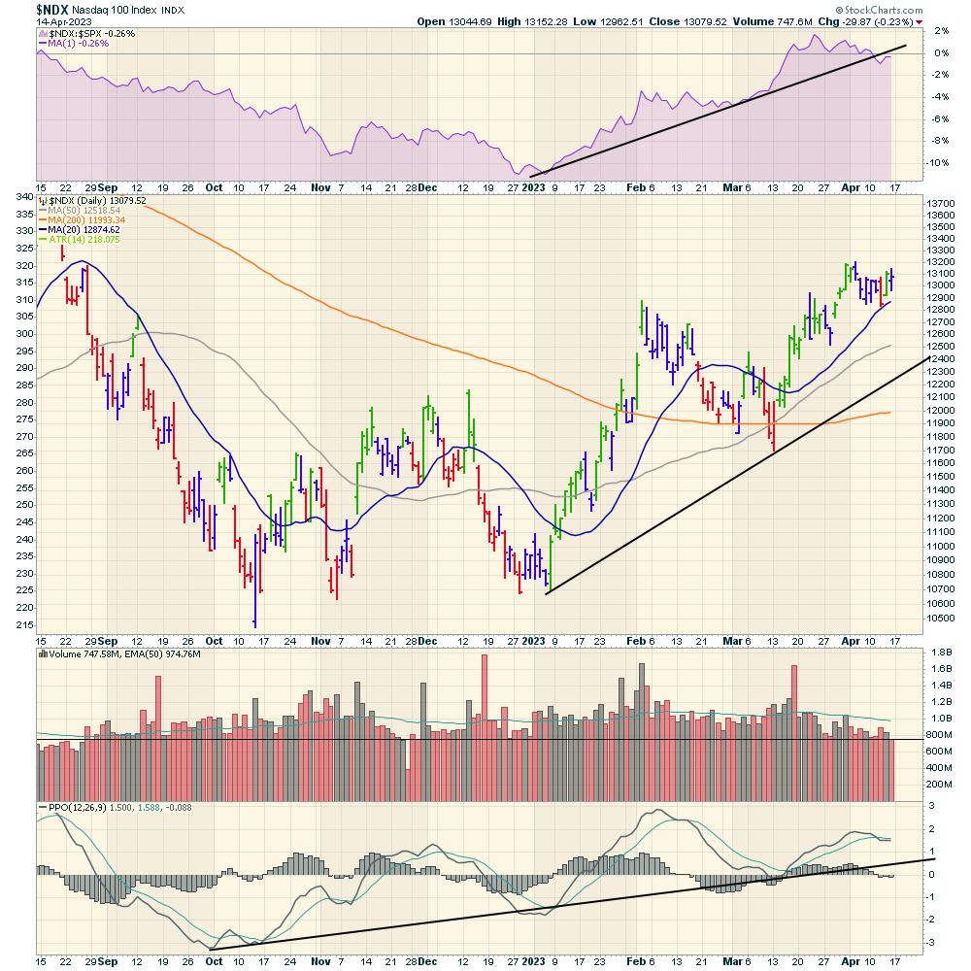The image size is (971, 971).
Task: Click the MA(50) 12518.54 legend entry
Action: (x=89, y=210)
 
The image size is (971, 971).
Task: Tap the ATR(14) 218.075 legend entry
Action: (x=89, y=239)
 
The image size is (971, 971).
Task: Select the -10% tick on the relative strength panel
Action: (x=913, y=162)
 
